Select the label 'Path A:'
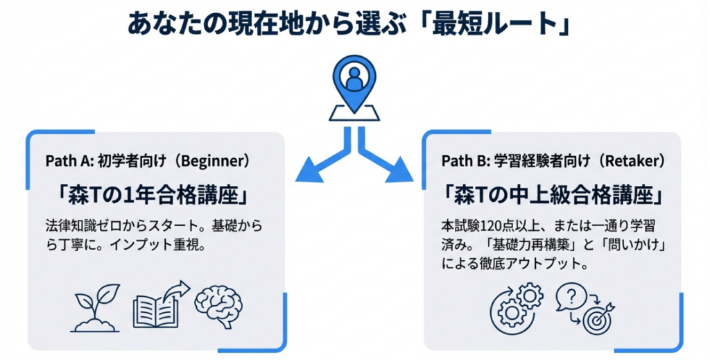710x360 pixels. click(x=64, y=161)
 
